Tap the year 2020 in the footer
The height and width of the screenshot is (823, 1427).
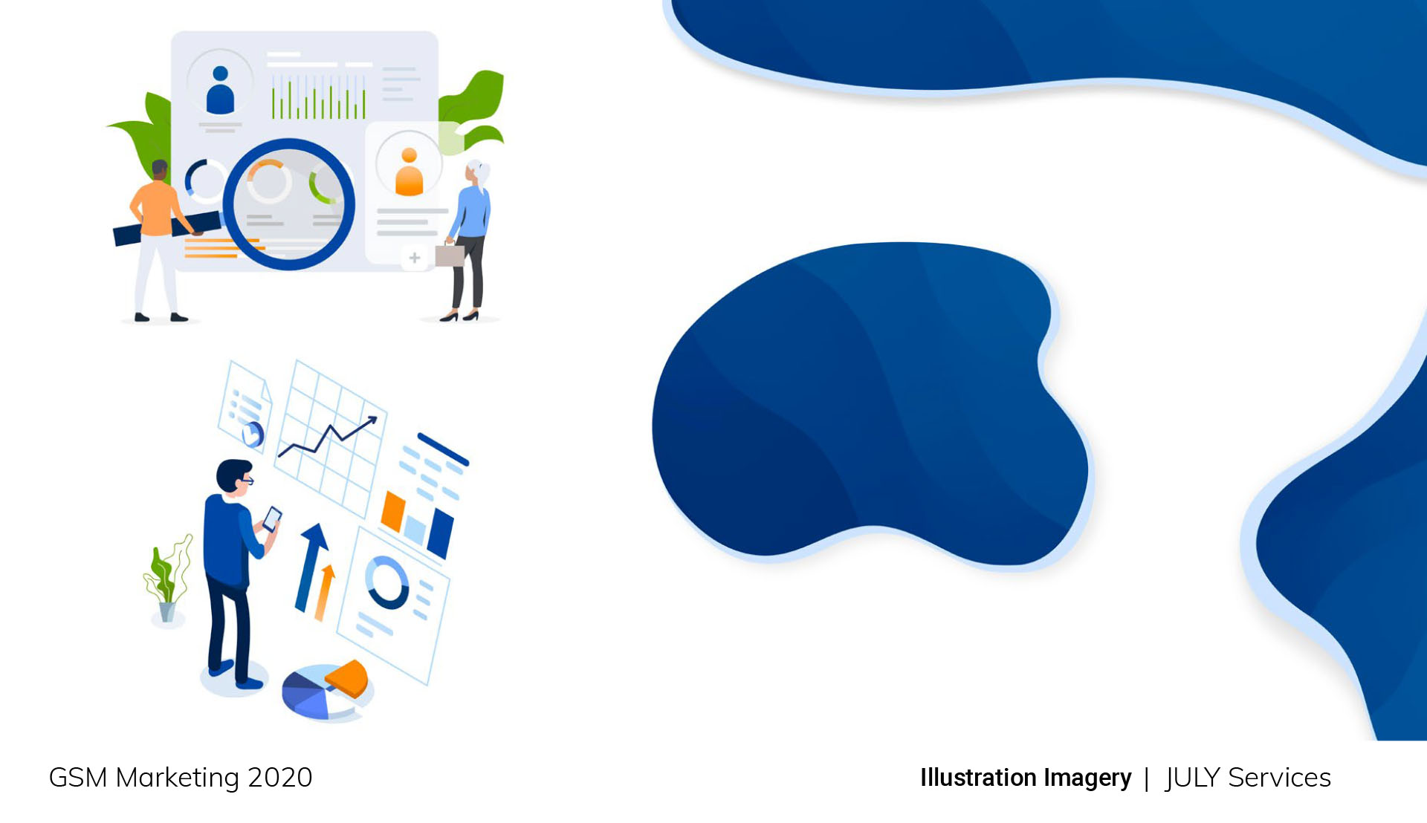(280, 778)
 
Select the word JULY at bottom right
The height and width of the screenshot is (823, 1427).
(1193, 778)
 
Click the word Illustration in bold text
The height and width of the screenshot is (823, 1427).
(978, 778)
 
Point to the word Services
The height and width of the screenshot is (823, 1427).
(1279, 778)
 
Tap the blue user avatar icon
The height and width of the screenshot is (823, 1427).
(220, 90)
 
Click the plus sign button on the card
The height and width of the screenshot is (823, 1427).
(415, 258)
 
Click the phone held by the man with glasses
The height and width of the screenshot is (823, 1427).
(272, 518)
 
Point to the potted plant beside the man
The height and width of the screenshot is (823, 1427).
(168, 579)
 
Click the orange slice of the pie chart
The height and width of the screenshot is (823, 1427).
(348, 678)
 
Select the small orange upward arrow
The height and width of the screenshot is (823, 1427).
(325, 592)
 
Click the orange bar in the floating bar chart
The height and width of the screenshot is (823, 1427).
(392, 511)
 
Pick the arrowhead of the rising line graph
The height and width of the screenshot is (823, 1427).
(371, 422)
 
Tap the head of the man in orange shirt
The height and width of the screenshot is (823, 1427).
(160, 170)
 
